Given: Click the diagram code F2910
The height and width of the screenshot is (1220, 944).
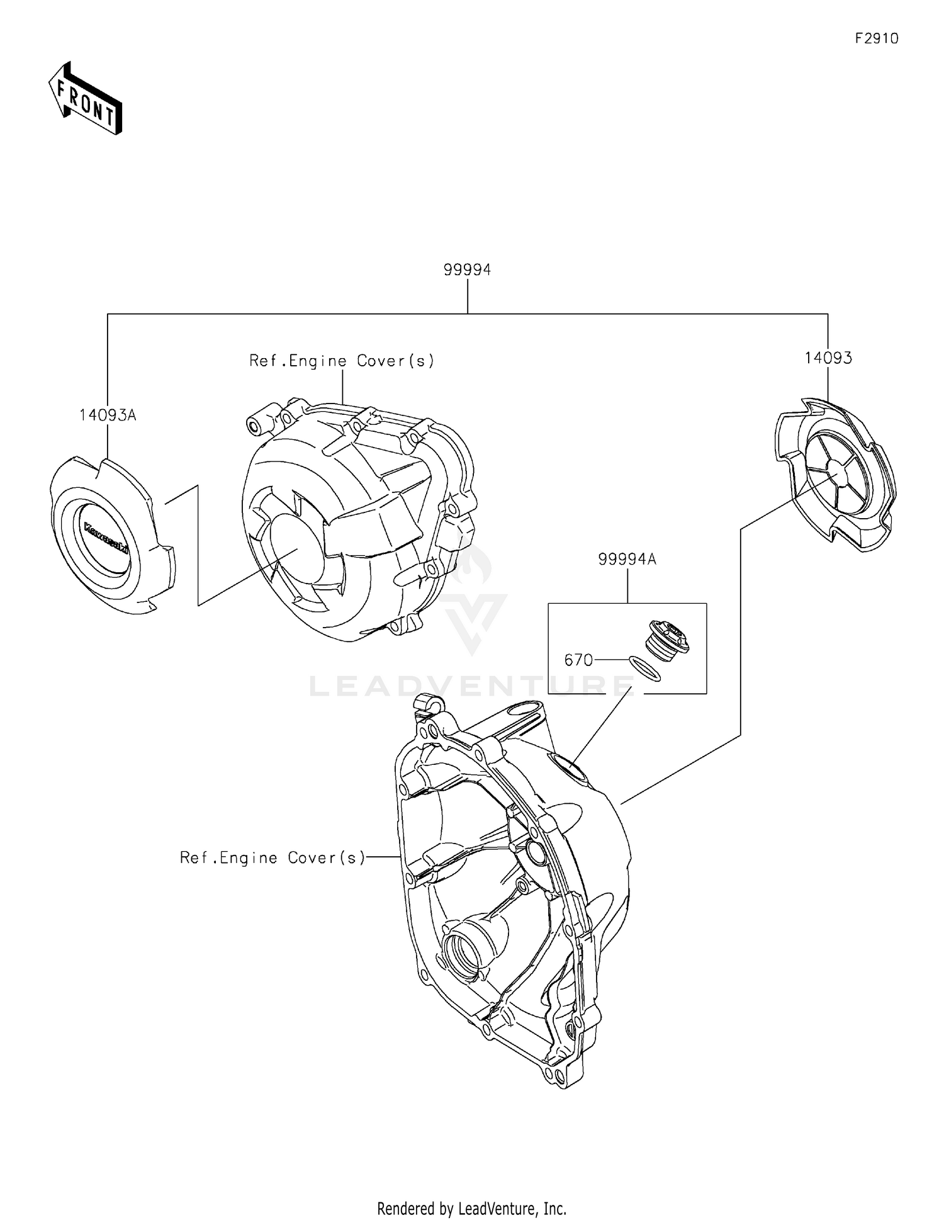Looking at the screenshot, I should click(876, 38).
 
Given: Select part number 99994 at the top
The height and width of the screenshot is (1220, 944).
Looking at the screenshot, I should click(467, 269).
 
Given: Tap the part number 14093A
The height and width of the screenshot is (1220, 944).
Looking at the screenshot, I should click(108, 415).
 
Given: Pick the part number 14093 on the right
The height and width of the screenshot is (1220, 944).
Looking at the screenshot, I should click(828, 358).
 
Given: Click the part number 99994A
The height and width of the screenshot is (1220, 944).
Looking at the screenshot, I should click(627, 559).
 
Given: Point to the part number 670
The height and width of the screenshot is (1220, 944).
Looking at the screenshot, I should click(578, 660).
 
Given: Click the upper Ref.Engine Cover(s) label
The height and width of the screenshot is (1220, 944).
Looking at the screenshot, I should click(342, 361).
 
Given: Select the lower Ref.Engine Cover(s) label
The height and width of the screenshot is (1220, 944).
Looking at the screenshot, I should click(273, 857).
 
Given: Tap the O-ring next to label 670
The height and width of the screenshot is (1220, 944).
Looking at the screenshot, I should click(645, 669).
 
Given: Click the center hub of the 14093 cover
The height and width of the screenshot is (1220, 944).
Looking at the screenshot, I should click(837, 468).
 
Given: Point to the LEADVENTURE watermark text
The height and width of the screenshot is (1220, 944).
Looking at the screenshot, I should click(472, 686).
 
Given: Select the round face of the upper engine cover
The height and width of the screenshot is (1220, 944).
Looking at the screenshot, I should click(296, 548).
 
